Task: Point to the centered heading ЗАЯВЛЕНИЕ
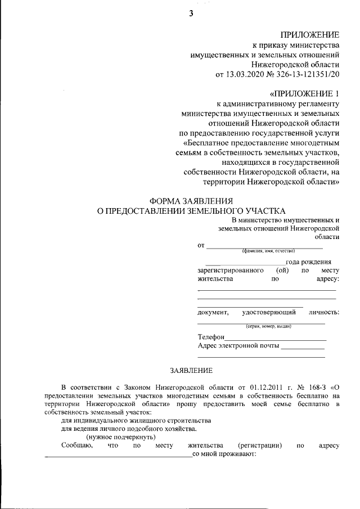pos(191,370)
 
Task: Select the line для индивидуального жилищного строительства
pos(136,420)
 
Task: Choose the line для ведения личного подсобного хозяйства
pos(129,429)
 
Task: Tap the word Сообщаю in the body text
pos(76,445)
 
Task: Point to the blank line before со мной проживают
pos(118,456)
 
